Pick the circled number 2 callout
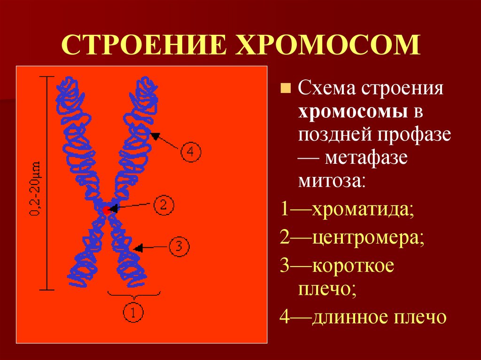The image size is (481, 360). click(163, 205)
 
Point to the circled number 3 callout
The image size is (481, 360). click(178, 246)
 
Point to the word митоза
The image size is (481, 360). click(331, 180)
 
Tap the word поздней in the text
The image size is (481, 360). click(333, 135)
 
